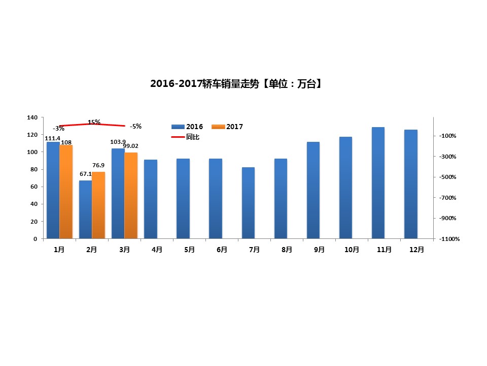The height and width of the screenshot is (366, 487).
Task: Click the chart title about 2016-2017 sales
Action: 236,84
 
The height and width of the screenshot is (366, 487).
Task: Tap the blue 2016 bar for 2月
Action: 85,209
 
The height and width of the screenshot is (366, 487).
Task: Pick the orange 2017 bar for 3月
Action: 131,196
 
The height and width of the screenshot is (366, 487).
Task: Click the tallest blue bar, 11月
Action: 378,183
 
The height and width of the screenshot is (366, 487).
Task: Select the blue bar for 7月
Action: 248,203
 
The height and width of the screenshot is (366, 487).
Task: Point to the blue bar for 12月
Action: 410,184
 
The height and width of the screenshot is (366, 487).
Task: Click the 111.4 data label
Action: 52,138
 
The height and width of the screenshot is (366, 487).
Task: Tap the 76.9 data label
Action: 98,166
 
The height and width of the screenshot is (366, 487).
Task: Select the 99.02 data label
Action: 130,146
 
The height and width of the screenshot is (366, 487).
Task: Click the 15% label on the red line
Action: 94,122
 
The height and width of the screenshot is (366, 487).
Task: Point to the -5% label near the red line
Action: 135,126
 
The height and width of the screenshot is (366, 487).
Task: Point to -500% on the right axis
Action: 448,177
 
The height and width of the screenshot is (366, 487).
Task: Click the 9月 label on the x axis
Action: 319,250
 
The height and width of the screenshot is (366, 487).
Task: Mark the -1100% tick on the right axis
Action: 450,239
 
